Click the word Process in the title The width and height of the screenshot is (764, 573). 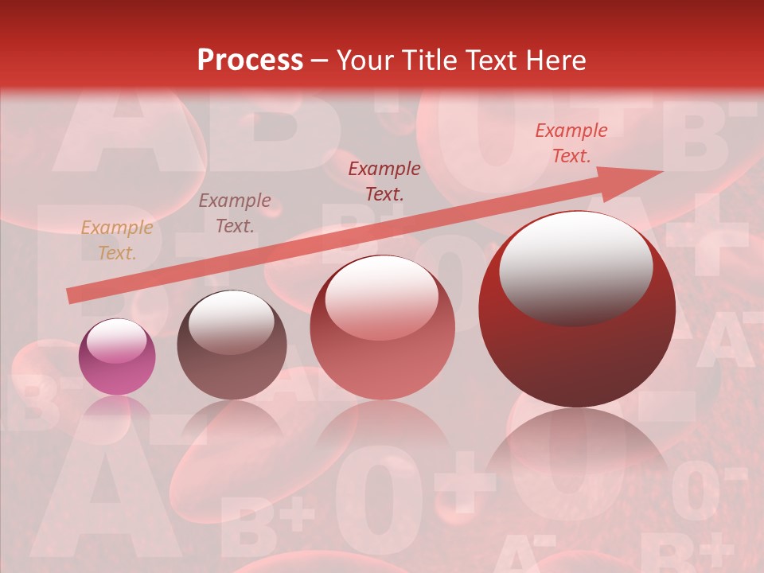(250, 60)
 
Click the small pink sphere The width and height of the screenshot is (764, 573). (117, 357)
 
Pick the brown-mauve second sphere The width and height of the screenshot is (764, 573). (232, 345)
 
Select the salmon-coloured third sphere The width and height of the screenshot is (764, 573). (382, 327)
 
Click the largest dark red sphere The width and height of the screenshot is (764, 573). (577, 310)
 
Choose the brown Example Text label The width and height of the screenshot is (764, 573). (234, 213)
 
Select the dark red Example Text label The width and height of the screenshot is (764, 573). (384, 181)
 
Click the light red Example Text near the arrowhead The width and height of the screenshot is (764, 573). (571, 143)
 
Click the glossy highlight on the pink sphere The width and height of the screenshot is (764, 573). (116, 341)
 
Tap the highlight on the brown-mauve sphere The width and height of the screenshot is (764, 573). (231, 321)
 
